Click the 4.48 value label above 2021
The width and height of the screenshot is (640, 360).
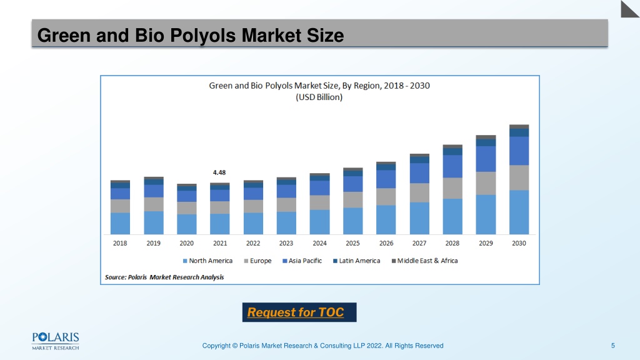pos(219,172)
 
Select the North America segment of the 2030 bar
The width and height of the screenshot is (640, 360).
pos(519,212)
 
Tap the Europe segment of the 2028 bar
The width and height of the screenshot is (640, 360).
pos(452,188)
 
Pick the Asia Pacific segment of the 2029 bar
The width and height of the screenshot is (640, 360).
pos(486,159)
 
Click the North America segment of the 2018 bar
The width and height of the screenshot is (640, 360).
pos(120,224)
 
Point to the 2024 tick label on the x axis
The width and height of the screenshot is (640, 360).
pos(319,243)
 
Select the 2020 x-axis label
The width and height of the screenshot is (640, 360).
pos(186,243)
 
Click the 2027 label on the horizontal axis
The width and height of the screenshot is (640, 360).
pos(419,243)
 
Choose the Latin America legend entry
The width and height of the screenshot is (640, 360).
pos(356,261)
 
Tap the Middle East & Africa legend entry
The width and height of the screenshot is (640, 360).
pos(424,261)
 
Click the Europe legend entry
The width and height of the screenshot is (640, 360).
pos(257,261)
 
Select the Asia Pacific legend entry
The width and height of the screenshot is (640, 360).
pos(302,261)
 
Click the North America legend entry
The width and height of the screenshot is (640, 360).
pos(207,261)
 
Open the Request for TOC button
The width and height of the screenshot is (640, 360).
pos(299,312)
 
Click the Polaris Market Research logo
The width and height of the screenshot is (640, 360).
pos(56,341)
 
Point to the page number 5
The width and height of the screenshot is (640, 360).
pos(612,346)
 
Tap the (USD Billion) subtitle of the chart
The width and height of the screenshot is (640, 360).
pos(319,97)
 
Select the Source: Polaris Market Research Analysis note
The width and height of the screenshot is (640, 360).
pos(164,277)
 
